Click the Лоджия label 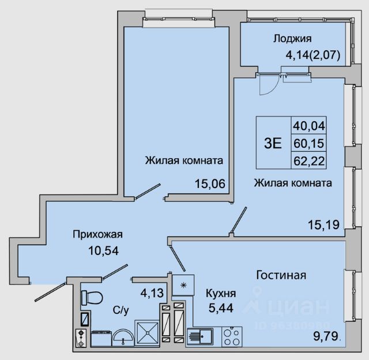click(x=292, y=39)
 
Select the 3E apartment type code click(x=273, y=143)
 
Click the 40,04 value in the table click(x=309, y=126)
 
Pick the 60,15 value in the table click(x=309, y=143)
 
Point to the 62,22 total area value click(x=309, y=161)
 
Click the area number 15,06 click(x=210, y=183)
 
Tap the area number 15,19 click(x=324, y=224)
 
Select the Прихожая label click(x=97, y=234)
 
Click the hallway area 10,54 click(x=104, y=250)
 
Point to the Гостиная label click(x=281, y=275)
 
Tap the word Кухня click(x=221, y=294)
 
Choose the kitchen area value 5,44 click(x=221, y=307)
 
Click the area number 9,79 click(x=326, y=336)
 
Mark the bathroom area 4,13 click(x=152, y=293)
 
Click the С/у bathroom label click(x=121, y=310)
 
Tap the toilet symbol click(x=92, y=298)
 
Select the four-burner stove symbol click(x=232, y=337)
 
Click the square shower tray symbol click(x=147, y=333)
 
